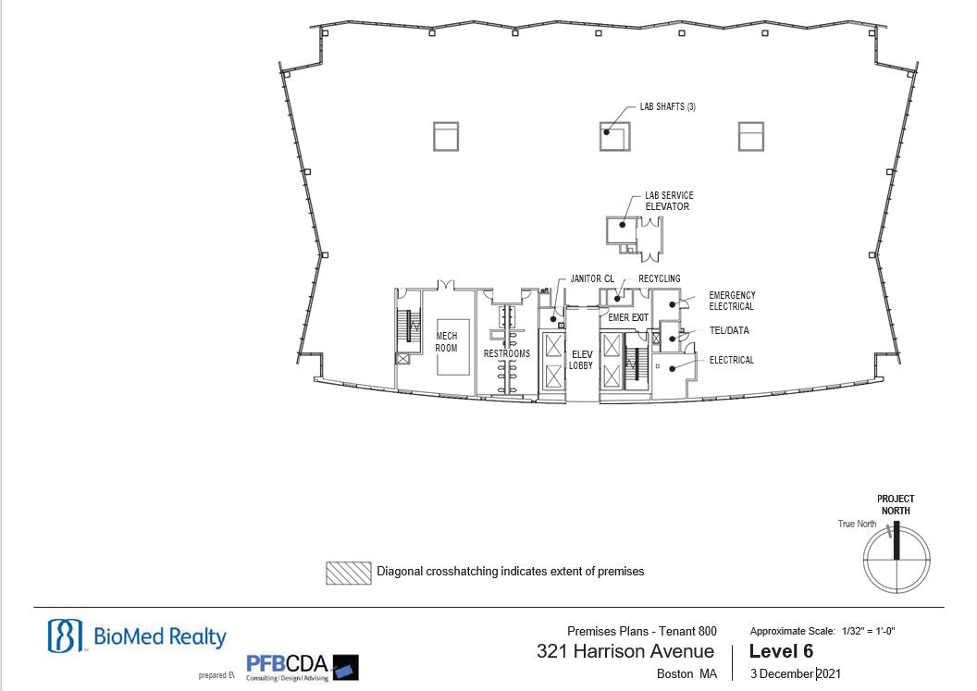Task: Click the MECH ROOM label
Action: pos(446,342)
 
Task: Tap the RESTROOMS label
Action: pos(507,353)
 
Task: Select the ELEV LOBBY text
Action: pos(581,360)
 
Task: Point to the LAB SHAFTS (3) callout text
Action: pos(667,106)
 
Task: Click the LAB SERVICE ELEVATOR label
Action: pos(669,201)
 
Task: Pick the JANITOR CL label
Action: pos(592,278)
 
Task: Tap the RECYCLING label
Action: pos(660,278)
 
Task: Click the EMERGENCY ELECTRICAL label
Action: pos(732,301)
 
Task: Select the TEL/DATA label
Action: pos(729,330)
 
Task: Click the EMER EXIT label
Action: pos(628,317)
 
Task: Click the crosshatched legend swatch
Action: pos(348,573)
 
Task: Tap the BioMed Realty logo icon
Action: pos(65,635)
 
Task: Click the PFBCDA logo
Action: pos(303,668)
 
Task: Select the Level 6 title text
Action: pos(781,651)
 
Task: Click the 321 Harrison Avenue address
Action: pos(625,651)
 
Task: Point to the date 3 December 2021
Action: pos(795,673)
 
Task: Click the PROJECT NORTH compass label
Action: pos(896,505)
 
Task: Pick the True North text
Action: pos(857,524)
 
